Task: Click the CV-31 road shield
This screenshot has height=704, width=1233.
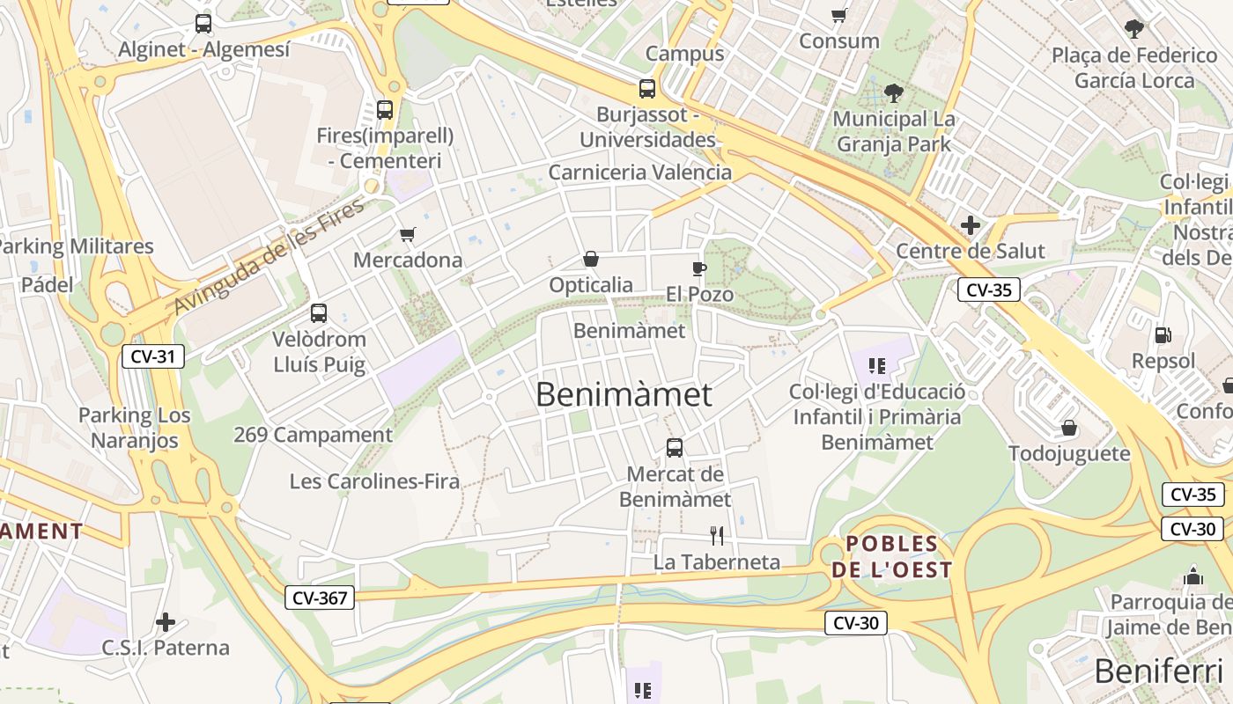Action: point(152,356)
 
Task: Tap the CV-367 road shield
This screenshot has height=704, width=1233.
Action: point(320,598)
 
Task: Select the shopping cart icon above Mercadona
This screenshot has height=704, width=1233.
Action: point(407,235)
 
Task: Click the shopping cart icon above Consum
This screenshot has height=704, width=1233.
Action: point(839,15)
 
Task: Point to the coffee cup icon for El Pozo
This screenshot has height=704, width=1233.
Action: point(699,268)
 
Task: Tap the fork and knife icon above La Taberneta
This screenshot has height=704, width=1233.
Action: point(717,535)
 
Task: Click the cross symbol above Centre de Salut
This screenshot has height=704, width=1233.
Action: point(971,225)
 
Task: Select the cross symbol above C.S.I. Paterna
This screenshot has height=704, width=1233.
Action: point(166,622)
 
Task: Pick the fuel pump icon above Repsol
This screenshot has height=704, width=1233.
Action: point(1163,334)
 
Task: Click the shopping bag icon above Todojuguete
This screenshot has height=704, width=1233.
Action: point(1069,428)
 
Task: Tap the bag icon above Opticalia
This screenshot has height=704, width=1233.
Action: point(591,259)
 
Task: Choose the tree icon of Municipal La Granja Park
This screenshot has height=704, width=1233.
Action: point(894,92)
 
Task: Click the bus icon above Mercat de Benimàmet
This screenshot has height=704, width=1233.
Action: point(675,448)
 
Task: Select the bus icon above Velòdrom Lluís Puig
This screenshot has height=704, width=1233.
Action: point(319,313)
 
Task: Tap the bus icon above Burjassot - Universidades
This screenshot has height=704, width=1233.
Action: point(647,89)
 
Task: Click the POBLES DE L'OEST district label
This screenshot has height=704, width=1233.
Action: point(892,557)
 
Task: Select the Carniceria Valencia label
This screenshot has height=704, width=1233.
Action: point(640,172)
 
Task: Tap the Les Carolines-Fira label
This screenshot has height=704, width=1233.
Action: point(375,481)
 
